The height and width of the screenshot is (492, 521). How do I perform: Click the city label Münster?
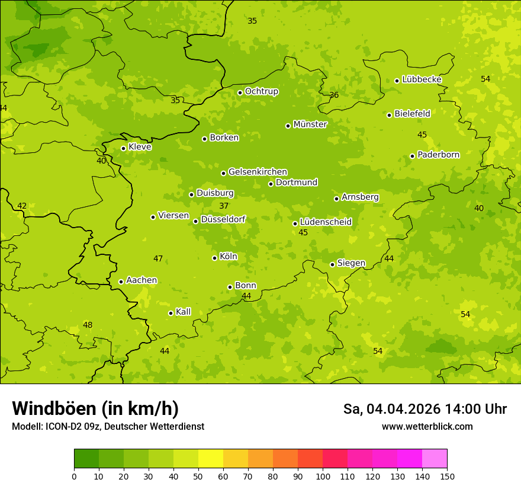[x=310, y=124]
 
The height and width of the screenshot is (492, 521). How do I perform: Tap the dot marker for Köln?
[x=214, y=258]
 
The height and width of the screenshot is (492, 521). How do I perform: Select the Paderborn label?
[x=438, y=155]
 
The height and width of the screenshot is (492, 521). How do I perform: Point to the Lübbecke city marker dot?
[x=397, y=81]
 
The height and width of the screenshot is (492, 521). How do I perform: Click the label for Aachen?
[x=141, y=280]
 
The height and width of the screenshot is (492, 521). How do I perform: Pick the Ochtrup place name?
[x=261, y=91]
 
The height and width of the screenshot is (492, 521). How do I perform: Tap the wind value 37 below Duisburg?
[x=224, y=206]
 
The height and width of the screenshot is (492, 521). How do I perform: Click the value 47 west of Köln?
[x=158, y=259]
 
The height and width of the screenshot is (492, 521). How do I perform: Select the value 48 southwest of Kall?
[x=88, y=325]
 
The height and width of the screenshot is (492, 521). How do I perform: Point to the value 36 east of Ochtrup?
[x=334, y=95]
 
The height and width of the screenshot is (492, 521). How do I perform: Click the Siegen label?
[x=351, y=263]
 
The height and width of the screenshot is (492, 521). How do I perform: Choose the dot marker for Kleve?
[x=123, y=148]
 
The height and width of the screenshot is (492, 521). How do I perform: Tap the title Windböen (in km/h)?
[x=95, y=408]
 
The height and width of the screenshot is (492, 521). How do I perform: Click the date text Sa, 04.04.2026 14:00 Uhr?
[x=424, y=409]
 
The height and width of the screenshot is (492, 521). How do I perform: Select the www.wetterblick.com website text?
[x=427, y=427]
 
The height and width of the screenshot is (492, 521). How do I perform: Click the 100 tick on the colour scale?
[x=323, y=476]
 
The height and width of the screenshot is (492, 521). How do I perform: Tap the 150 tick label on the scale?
[x=447, y=476]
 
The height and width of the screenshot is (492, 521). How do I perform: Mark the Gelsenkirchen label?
[x=258, y=172]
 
